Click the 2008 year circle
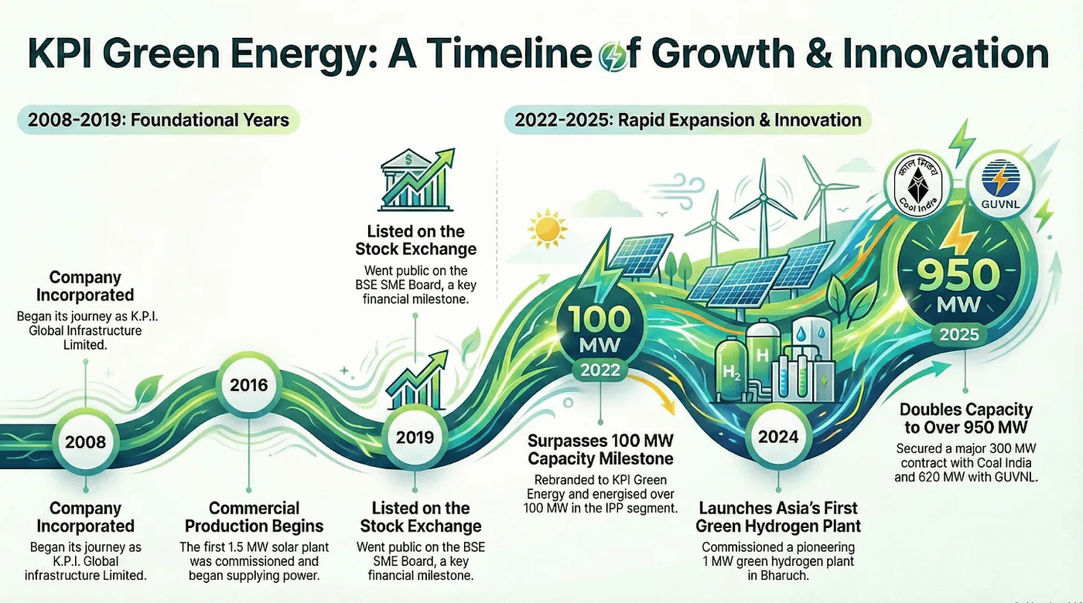85,443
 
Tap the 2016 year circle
248,385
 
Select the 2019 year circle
415,438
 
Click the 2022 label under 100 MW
600,370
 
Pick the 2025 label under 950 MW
959,335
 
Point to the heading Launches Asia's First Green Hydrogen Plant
778,517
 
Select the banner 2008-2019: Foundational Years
158,120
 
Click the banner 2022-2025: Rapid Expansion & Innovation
688,120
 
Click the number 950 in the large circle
958,275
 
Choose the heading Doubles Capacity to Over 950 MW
965,418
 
